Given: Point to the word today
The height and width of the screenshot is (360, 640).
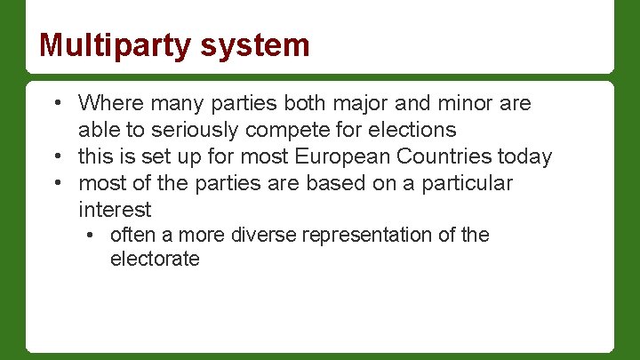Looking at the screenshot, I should tap(524, 157).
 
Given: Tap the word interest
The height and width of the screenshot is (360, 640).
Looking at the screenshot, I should tap(115, 210).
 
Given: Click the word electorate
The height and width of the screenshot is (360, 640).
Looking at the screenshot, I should tap(155, 260).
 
